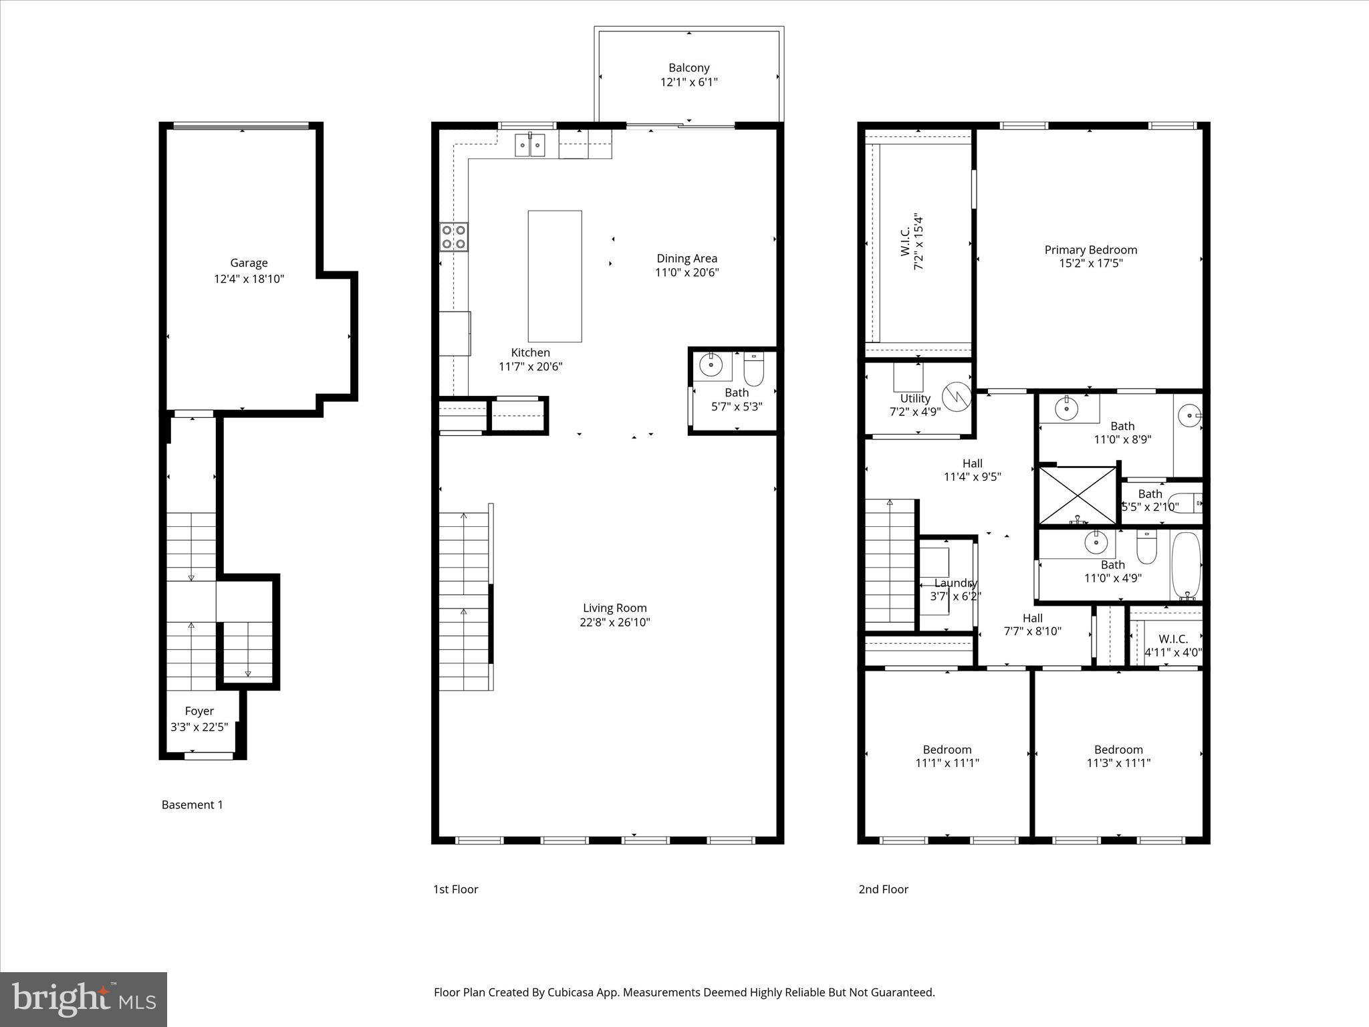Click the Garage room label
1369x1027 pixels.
pyautogui.click(x=249, y=263)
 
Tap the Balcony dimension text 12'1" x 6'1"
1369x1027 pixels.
pyautogui.click(x=689, y=82)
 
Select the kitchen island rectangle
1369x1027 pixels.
pyautogui.click(x=554, y=276)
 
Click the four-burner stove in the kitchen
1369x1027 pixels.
pyautogui.click(x=454, y=237)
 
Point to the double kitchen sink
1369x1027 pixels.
pyautogui.click(x=530, y=145)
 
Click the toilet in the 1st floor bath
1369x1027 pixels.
pyautogui.click(x=753, y=370)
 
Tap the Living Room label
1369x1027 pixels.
pyautogui.click(x=614, y=608)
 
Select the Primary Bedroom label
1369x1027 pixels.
pyautogui.click(x=1090, y=249)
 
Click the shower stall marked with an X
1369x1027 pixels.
pyautogui.click(x=1078, y=495)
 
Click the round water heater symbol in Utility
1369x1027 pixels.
pyautogui.click(x=956, y=396)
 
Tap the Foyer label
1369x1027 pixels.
pyautogui.click(x=199, y=711)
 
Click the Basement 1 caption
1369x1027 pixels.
pyautogui.click(x=192, y=804)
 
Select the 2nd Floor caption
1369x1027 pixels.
pyautogui.click(x=883, y=889)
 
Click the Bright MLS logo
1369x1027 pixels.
pyautogui.click(x=83, y=999)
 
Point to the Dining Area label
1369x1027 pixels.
pyautogui.click(x=687, y=258)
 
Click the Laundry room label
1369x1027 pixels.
pyautogui.click(x=955, y=583)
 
